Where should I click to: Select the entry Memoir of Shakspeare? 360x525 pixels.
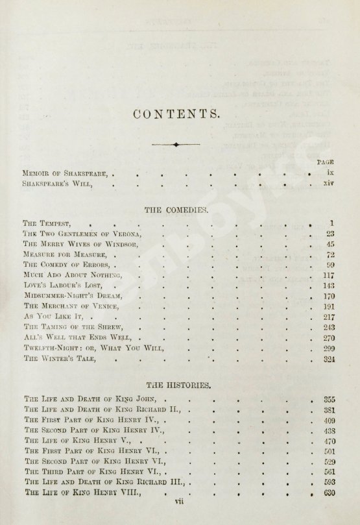tap(67, 174)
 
